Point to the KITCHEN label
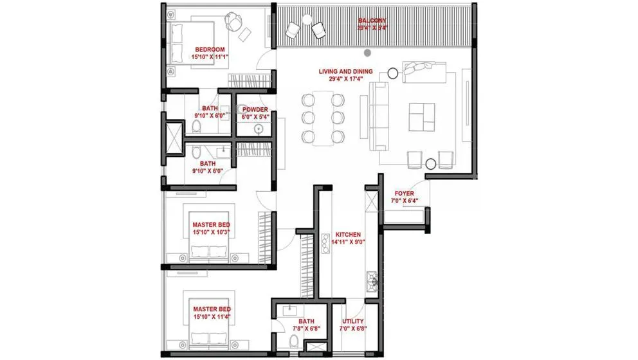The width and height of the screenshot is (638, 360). point(347,235)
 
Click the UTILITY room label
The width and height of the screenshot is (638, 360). point(352,321)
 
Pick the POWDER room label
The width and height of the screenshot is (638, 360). point(255,109)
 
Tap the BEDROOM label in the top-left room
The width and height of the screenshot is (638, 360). point(210,50)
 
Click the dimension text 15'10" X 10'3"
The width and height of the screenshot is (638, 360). point(211,232)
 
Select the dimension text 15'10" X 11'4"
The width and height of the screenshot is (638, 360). point(212,317)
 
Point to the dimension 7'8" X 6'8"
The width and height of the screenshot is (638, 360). point(306,328)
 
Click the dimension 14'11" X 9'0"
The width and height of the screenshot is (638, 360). point(347,242)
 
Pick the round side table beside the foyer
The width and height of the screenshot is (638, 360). point(431,165)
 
